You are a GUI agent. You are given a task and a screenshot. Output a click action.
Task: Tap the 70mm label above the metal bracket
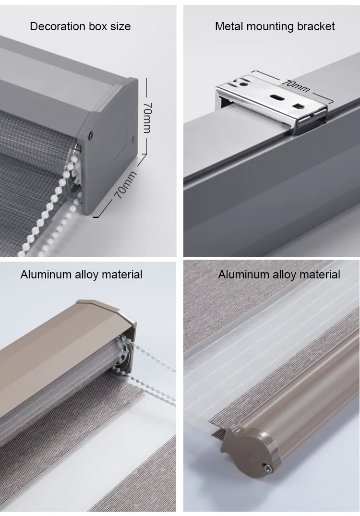coord(296,85)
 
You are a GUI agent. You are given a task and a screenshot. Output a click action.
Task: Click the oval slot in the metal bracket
coord(277,97)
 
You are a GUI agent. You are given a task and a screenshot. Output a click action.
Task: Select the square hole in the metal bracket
coord(299,106)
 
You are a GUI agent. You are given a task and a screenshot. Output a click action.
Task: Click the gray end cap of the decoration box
coord(108,145)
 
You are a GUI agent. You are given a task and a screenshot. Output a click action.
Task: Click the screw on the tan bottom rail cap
coord(269,468)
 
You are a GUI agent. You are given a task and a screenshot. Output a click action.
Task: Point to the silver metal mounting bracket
coord(272,103)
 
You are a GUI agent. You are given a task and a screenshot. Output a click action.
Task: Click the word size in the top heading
coord(120,26)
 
